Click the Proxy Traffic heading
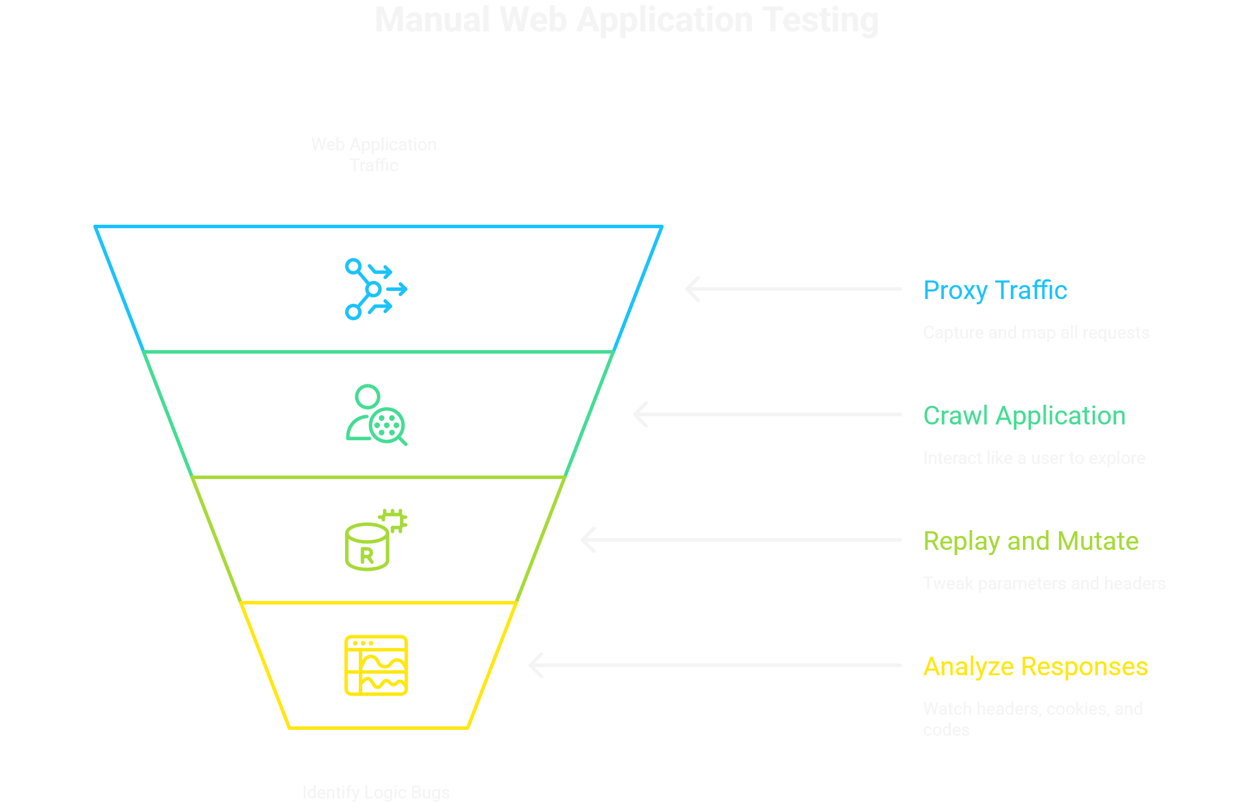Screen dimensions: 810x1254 click(994, 290)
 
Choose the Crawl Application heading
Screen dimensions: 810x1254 click(1024, 415)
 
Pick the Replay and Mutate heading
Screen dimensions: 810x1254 click(1030, 541)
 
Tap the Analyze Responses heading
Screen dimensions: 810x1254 click(1035, 666)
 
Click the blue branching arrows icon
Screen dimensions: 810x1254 click(376, 289)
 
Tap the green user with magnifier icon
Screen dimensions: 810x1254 click(376, 415)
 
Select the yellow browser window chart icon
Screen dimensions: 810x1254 click(376, 665)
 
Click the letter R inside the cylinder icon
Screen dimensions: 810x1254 click(366, 556)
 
